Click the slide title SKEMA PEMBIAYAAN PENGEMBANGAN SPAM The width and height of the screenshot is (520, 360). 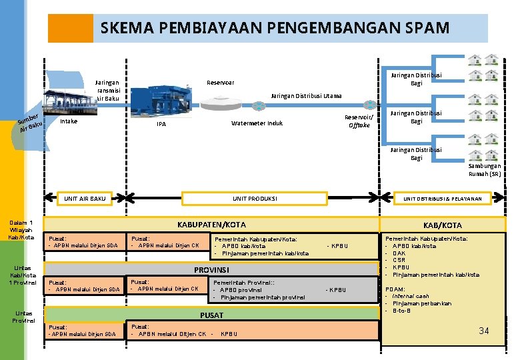coord(275,29)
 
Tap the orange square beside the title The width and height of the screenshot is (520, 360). coord(71,29)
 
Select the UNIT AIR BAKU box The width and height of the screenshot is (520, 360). coord(85,199)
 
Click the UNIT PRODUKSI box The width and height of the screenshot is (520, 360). coord(255,199)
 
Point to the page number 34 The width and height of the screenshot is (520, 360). coord(484,331)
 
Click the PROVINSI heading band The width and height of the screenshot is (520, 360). coord(211,270)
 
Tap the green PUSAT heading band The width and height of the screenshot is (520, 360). coord(211,315)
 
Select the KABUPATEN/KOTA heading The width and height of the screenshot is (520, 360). coord(211,225)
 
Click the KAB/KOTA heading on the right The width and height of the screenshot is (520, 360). coord(443,225)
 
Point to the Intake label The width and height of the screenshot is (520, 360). coord(69,121)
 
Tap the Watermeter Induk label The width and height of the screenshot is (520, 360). coord(257,123)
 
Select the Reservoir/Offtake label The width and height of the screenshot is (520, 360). coord(358,121)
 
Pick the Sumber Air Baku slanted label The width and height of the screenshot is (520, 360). coord(31,121)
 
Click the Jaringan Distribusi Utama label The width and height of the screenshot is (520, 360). coord(306,96)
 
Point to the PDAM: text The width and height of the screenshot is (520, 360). coord(394,289)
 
